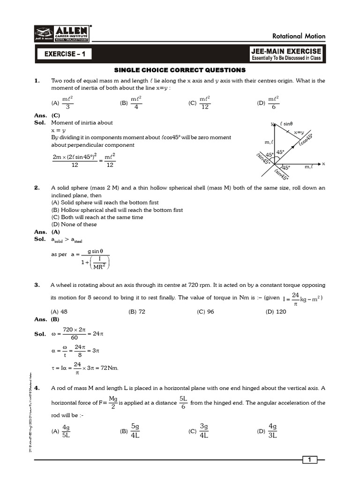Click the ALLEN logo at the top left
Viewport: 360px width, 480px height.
tap(62, 34)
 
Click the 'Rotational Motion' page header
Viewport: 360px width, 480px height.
tap(299, 37)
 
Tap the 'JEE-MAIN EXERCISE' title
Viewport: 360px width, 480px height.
tap(286, 51)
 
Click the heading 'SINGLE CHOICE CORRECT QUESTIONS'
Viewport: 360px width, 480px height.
tap(180, 70)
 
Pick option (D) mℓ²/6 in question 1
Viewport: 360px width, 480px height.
tap(269, 103)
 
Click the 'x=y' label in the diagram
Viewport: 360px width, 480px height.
tap(299, 133)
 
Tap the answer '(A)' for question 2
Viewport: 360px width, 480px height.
tap(55, 232)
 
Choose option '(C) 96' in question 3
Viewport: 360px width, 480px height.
tap(205, 312)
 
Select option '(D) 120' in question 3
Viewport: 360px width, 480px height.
tap(276, 312)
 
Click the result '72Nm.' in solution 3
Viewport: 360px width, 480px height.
tap(108, 367)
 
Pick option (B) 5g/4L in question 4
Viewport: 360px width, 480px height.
tap(131, 431)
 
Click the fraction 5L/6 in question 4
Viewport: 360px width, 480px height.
tap(183, 403)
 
